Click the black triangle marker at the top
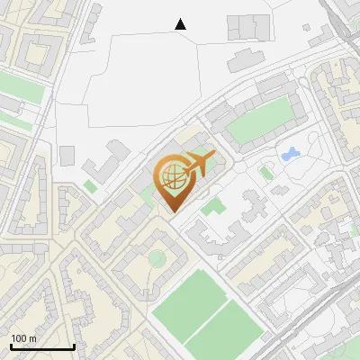coord(181,24)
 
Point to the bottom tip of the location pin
coord(172,211)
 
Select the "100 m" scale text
coord(23,338)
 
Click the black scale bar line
coord(42,347)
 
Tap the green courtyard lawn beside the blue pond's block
coord(261,121)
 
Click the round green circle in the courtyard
coord(157,259)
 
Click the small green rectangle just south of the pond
coord(266,170)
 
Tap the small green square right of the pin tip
coord(211,207)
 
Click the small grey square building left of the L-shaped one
coord(67,155)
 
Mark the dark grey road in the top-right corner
coord(346,27)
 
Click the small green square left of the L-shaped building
coord(89,186)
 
